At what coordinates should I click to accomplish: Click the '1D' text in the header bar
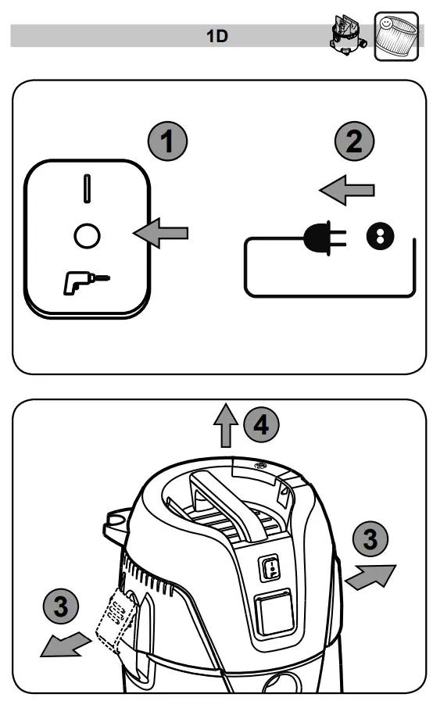point(216,36)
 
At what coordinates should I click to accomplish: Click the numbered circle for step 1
point(168,143)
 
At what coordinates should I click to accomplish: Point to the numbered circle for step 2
point(354,143)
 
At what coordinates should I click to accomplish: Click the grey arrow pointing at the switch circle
point(162,232)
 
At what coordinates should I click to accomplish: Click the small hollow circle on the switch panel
point(86,234)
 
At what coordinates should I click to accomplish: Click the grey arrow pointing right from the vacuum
point(369,578)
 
